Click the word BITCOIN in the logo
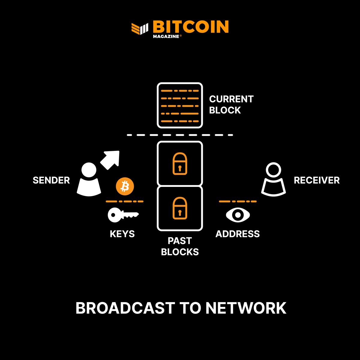tap(190, 27)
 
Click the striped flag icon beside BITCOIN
tap(140, 28)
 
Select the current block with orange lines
tap(180, 106)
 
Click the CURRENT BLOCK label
tap(231, 105)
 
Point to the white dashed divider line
tap(180, 135)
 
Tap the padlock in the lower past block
tap(180, 208)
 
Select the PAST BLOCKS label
tap(180, 246)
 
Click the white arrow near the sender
tap(110, 160)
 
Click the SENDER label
tap(51, 180)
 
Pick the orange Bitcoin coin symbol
tap(125, 186)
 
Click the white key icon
tap(123, 215)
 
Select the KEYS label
tap(122, 234)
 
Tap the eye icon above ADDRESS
tap(238, 215)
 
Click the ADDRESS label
tap(238, 234)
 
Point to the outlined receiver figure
tap(273, 180)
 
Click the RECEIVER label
tap(316, 180)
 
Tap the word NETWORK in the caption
tap(246, 308)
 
